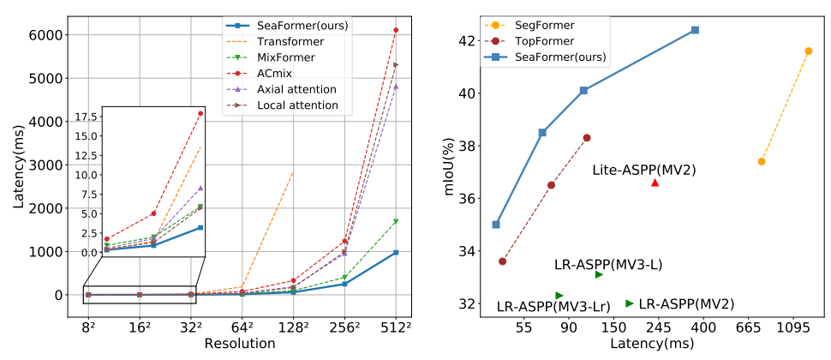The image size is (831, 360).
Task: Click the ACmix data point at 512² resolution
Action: coord(395,30)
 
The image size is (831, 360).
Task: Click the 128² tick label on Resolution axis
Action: coord(293,327)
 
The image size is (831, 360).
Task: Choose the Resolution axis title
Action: coord(240,344)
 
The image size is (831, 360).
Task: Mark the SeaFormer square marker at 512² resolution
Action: coord(395,253)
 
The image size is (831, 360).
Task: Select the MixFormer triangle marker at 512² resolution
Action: coord(395,222)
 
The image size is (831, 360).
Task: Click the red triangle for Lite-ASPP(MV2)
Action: coord(655,183)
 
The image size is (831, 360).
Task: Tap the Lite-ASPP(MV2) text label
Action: coord(643,171)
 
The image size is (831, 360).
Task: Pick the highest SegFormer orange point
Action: coord(808,51)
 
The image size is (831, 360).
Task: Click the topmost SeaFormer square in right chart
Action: coord(695,30)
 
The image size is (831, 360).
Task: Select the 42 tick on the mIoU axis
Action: coord(465,40)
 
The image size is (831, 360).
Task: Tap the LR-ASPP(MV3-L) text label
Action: coord(608,265)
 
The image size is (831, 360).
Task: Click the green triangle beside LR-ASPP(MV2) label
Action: coord(630,303)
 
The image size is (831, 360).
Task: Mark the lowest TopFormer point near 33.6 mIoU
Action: coord(503,261)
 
